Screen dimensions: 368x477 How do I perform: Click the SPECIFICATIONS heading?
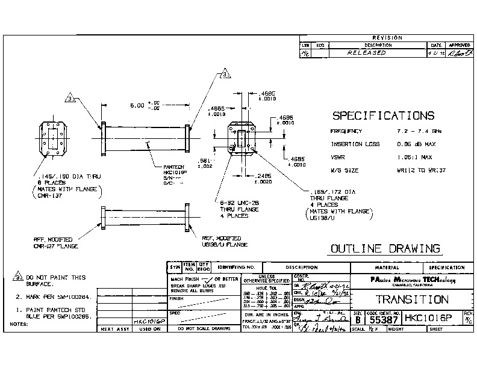(x=383, y=115)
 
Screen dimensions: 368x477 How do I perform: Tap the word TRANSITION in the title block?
(x=412, y=299)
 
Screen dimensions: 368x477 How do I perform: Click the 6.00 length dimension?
(x=139, y=105)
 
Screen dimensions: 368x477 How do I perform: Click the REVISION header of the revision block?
(x=387, y=38)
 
